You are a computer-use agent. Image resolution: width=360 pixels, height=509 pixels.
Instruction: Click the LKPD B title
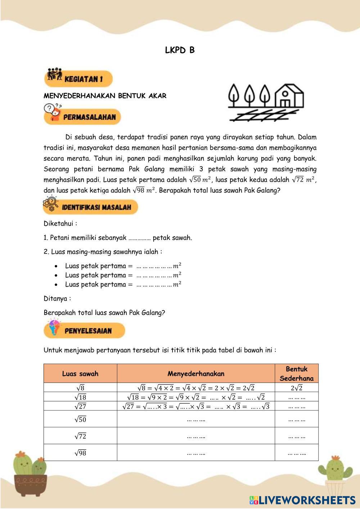180,50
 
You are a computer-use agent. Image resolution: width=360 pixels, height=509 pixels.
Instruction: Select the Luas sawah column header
80,374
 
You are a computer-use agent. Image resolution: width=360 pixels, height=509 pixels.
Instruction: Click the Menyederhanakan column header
196,374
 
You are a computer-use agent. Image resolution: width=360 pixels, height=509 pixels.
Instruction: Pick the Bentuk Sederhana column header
297,374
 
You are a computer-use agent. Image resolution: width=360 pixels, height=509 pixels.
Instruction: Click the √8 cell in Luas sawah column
80,388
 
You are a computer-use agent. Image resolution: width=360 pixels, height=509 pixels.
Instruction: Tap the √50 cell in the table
80,419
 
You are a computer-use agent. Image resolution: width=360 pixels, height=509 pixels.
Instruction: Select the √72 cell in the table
80,436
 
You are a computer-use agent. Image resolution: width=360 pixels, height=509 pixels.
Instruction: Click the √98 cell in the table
80,453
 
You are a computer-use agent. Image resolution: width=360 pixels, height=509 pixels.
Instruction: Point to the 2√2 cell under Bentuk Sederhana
297,388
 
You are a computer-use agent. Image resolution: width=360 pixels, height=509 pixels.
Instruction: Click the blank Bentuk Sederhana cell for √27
297,406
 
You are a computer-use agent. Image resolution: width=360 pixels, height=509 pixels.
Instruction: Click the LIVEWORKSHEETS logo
302,500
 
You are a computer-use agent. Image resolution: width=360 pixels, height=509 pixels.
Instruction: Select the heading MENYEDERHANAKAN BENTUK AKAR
105,96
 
